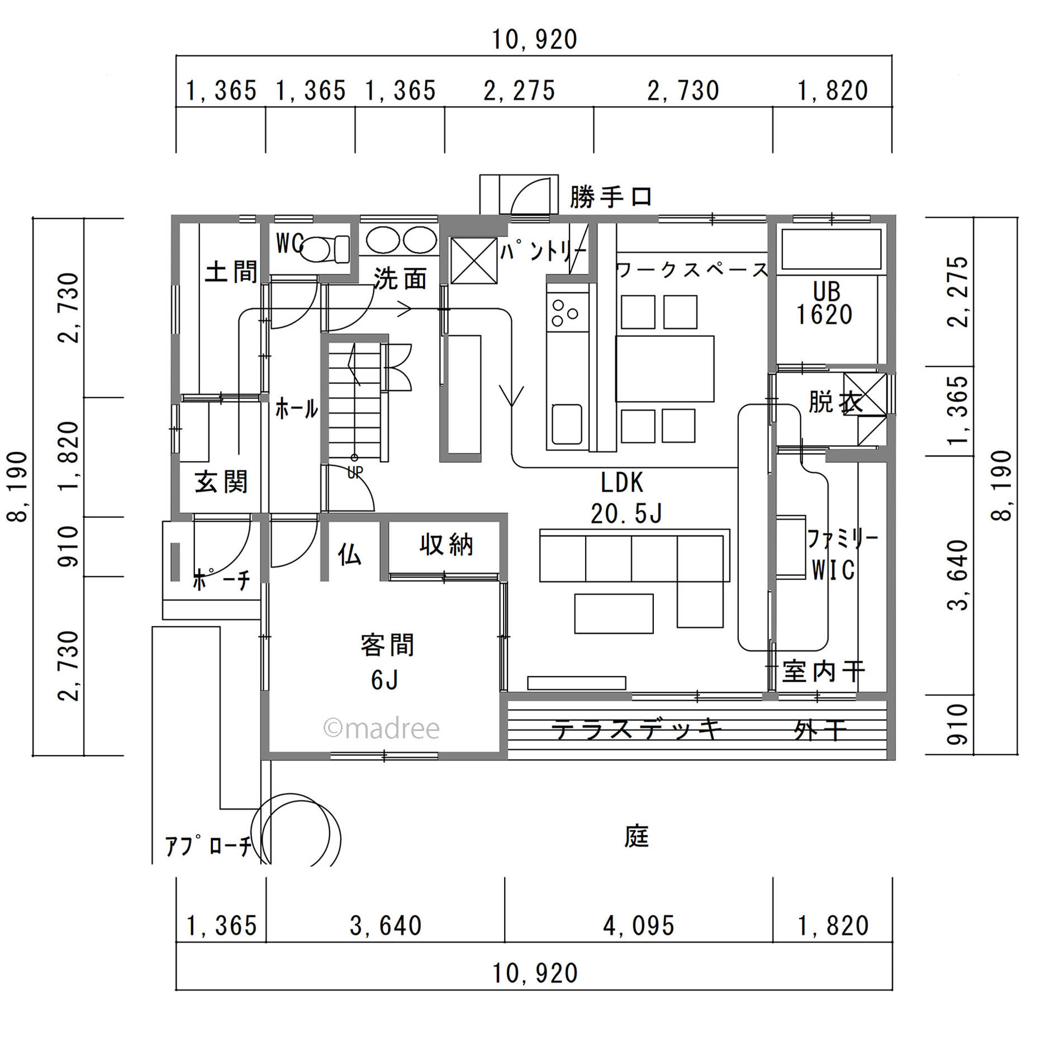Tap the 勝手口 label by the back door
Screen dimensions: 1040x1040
coord(610,197)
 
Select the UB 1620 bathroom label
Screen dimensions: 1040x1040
coord(825,304)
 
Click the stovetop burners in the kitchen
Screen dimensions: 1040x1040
coord(565,313)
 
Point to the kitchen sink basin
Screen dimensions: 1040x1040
coord(567,424)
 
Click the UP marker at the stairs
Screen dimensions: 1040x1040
coord(355,473)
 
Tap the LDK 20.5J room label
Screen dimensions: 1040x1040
coord(624,498)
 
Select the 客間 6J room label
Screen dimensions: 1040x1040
coord(387,662)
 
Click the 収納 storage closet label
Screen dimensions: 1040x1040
coord(446,545)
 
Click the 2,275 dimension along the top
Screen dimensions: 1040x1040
coord(519,91)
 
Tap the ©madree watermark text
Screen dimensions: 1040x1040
coord(382,729)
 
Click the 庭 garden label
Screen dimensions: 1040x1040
coord(636,837)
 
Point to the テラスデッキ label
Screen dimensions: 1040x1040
coord(637,729)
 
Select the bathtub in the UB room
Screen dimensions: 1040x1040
coord(831,250)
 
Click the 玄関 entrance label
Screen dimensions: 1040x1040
coord(221,482)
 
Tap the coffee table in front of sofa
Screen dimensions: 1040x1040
coord(614,613)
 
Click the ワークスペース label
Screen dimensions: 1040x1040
coord(692,270)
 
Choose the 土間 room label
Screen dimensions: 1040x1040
coord(231,272)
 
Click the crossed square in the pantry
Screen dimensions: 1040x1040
coord(473,260)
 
